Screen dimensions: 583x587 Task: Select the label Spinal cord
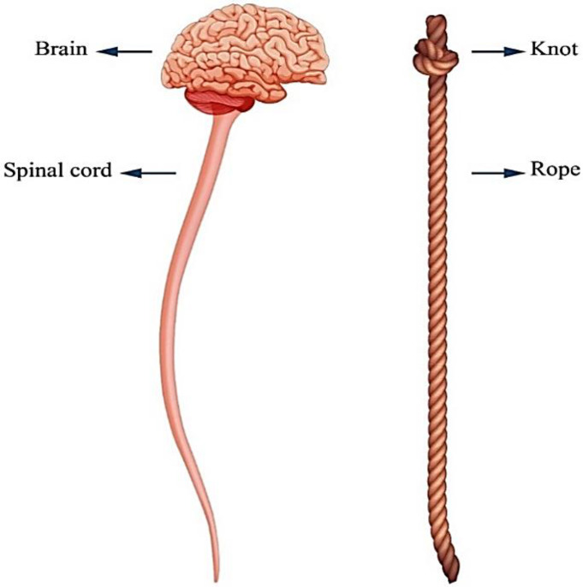tap(58, 170)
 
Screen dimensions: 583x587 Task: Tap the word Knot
tap(553, 50)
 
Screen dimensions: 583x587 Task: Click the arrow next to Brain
tap(124, 51)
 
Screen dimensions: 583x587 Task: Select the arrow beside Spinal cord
tap(148, 173)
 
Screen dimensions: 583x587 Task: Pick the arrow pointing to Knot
tap(497, 51)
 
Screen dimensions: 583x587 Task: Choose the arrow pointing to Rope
tap(497, 173)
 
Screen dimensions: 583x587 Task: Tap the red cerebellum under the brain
tap(217, 104)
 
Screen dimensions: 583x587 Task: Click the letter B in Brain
tap(40, 50)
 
